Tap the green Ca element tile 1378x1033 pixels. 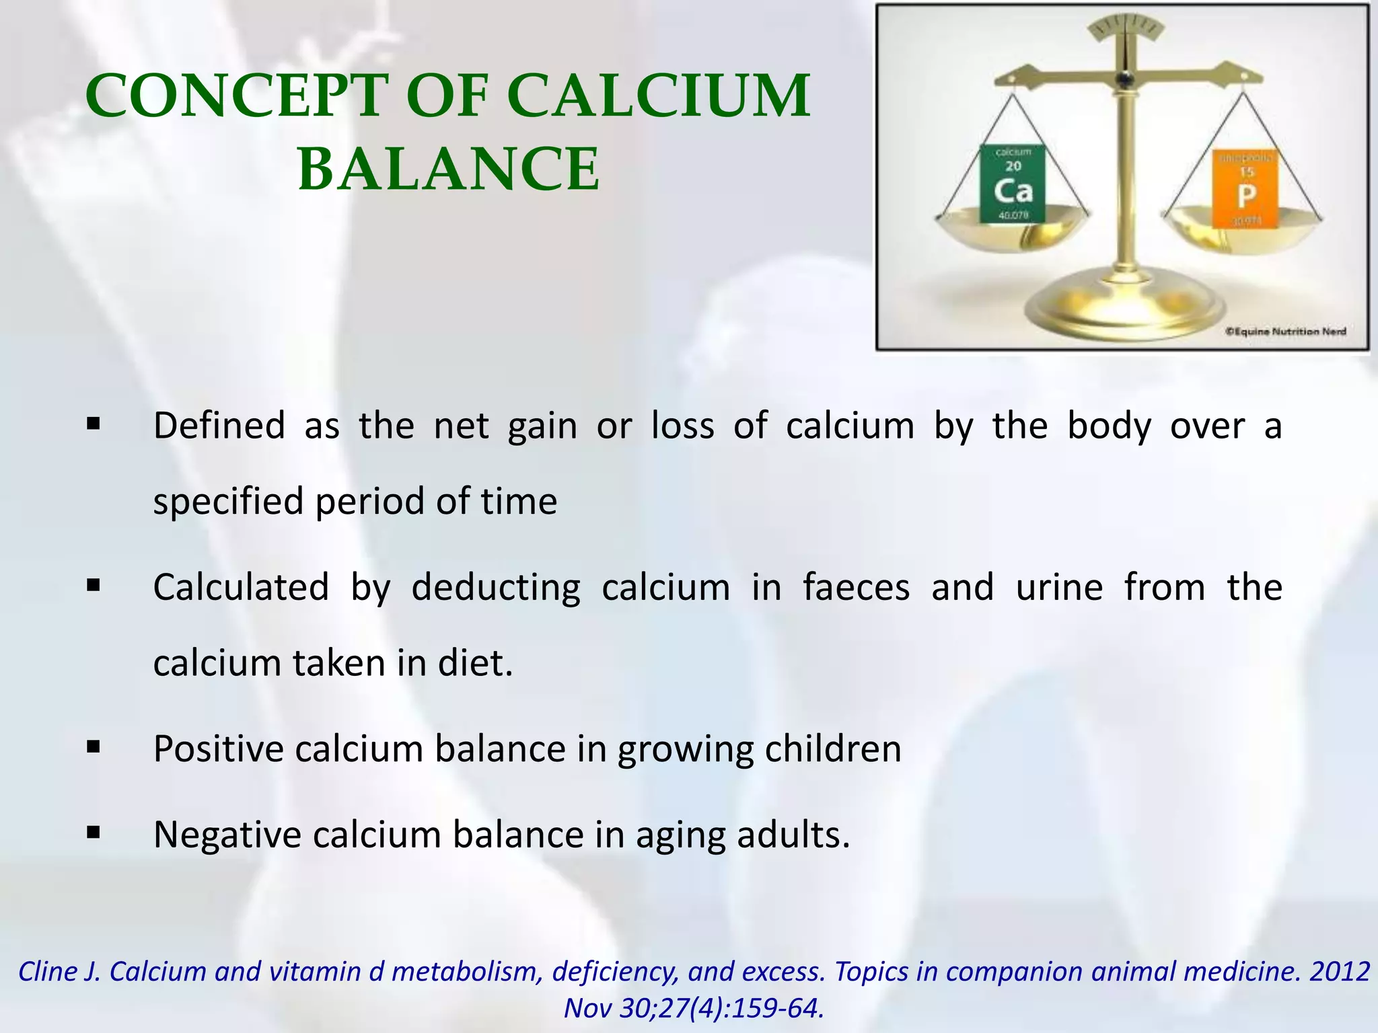click(1012, 184)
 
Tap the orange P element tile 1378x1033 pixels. click(1246, 189)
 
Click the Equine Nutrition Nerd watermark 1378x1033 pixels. click(1285, 331)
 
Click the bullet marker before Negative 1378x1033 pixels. click(94, 834)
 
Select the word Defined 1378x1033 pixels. click(219, 426)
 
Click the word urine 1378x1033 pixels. click(1059, 587)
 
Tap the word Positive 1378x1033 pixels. click(219, 749)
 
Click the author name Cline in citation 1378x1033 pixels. click(46, 972)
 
